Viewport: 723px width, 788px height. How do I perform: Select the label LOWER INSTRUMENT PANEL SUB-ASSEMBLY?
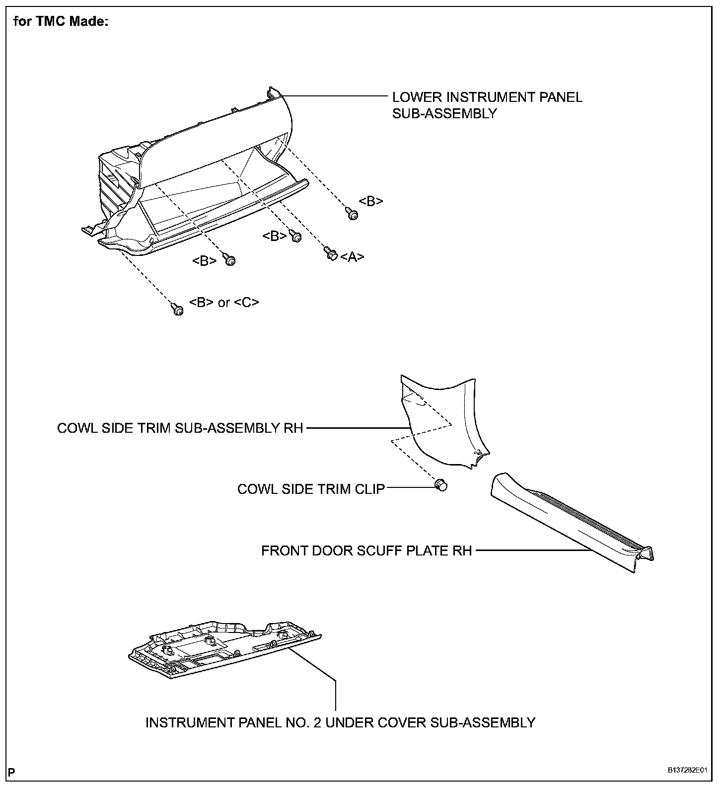pyautogui.click(x=487, y=105)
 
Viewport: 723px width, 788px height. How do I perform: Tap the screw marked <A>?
pyautogui.click(x=331, y=253)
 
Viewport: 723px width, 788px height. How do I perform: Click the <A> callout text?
pyautogui.click(x=353, y=257)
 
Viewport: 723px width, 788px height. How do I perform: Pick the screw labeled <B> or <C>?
pyautogui.click(x=177, y=309)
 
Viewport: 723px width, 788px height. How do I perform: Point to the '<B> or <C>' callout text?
pyautogui.click(x=224, y=303)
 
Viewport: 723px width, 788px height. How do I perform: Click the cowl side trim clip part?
pyautogui.click(x=440, y=485)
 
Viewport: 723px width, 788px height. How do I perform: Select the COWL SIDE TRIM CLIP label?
pyautogui.click(x=311, y=489)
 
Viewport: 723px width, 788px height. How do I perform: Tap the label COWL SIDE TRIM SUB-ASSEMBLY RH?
pyautogui.click(x=180, y=428)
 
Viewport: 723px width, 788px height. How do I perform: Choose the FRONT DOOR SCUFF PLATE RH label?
pyautogui.click(x=366, y=551)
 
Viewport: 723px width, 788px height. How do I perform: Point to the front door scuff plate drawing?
pyautogui.click(x=571, y=527)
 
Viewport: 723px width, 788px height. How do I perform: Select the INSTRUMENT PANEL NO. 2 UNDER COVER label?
pyautogui.click(x=340, y=722)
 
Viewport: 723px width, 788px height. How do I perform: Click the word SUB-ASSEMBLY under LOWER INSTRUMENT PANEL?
pyautogui.click(x=444, y=113)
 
